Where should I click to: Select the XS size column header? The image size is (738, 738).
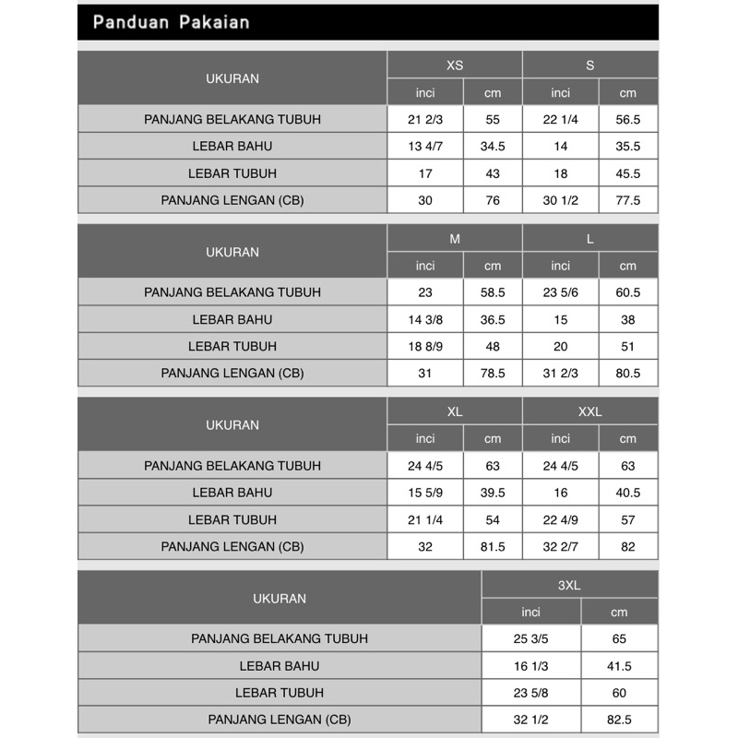(x=455, y=65)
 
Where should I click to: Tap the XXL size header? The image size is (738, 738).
(x=590, y=411)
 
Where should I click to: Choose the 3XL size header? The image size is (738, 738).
(x=569, y=585)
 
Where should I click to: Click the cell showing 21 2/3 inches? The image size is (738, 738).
(x=425, y=120)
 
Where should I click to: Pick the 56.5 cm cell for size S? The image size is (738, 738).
(x=628, y=120)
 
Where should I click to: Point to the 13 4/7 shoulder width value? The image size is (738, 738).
(x=425, y=147)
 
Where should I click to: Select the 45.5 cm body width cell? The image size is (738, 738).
(x=628, y=173)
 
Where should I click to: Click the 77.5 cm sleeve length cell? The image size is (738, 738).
(x=628, y=200)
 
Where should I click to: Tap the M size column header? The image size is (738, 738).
(x=455, y=239)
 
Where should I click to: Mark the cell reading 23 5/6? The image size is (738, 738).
(x=561, y=292)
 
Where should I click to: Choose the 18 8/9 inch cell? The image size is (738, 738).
(x=425, y=346)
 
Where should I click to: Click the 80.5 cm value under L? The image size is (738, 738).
(x=628, y=374)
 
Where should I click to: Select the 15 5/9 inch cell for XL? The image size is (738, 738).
(x=425, y=493)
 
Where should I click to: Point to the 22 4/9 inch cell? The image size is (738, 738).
(x=561, y=519)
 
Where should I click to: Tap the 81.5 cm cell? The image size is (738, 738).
(x=493, y=546)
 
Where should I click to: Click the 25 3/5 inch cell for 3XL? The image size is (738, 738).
(x=531, y=638)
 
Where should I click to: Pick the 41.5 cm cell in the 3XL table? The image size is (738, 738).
(x=619, y=666)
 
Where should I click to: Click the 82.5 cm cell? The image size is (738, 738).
(x=619, y=720)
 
